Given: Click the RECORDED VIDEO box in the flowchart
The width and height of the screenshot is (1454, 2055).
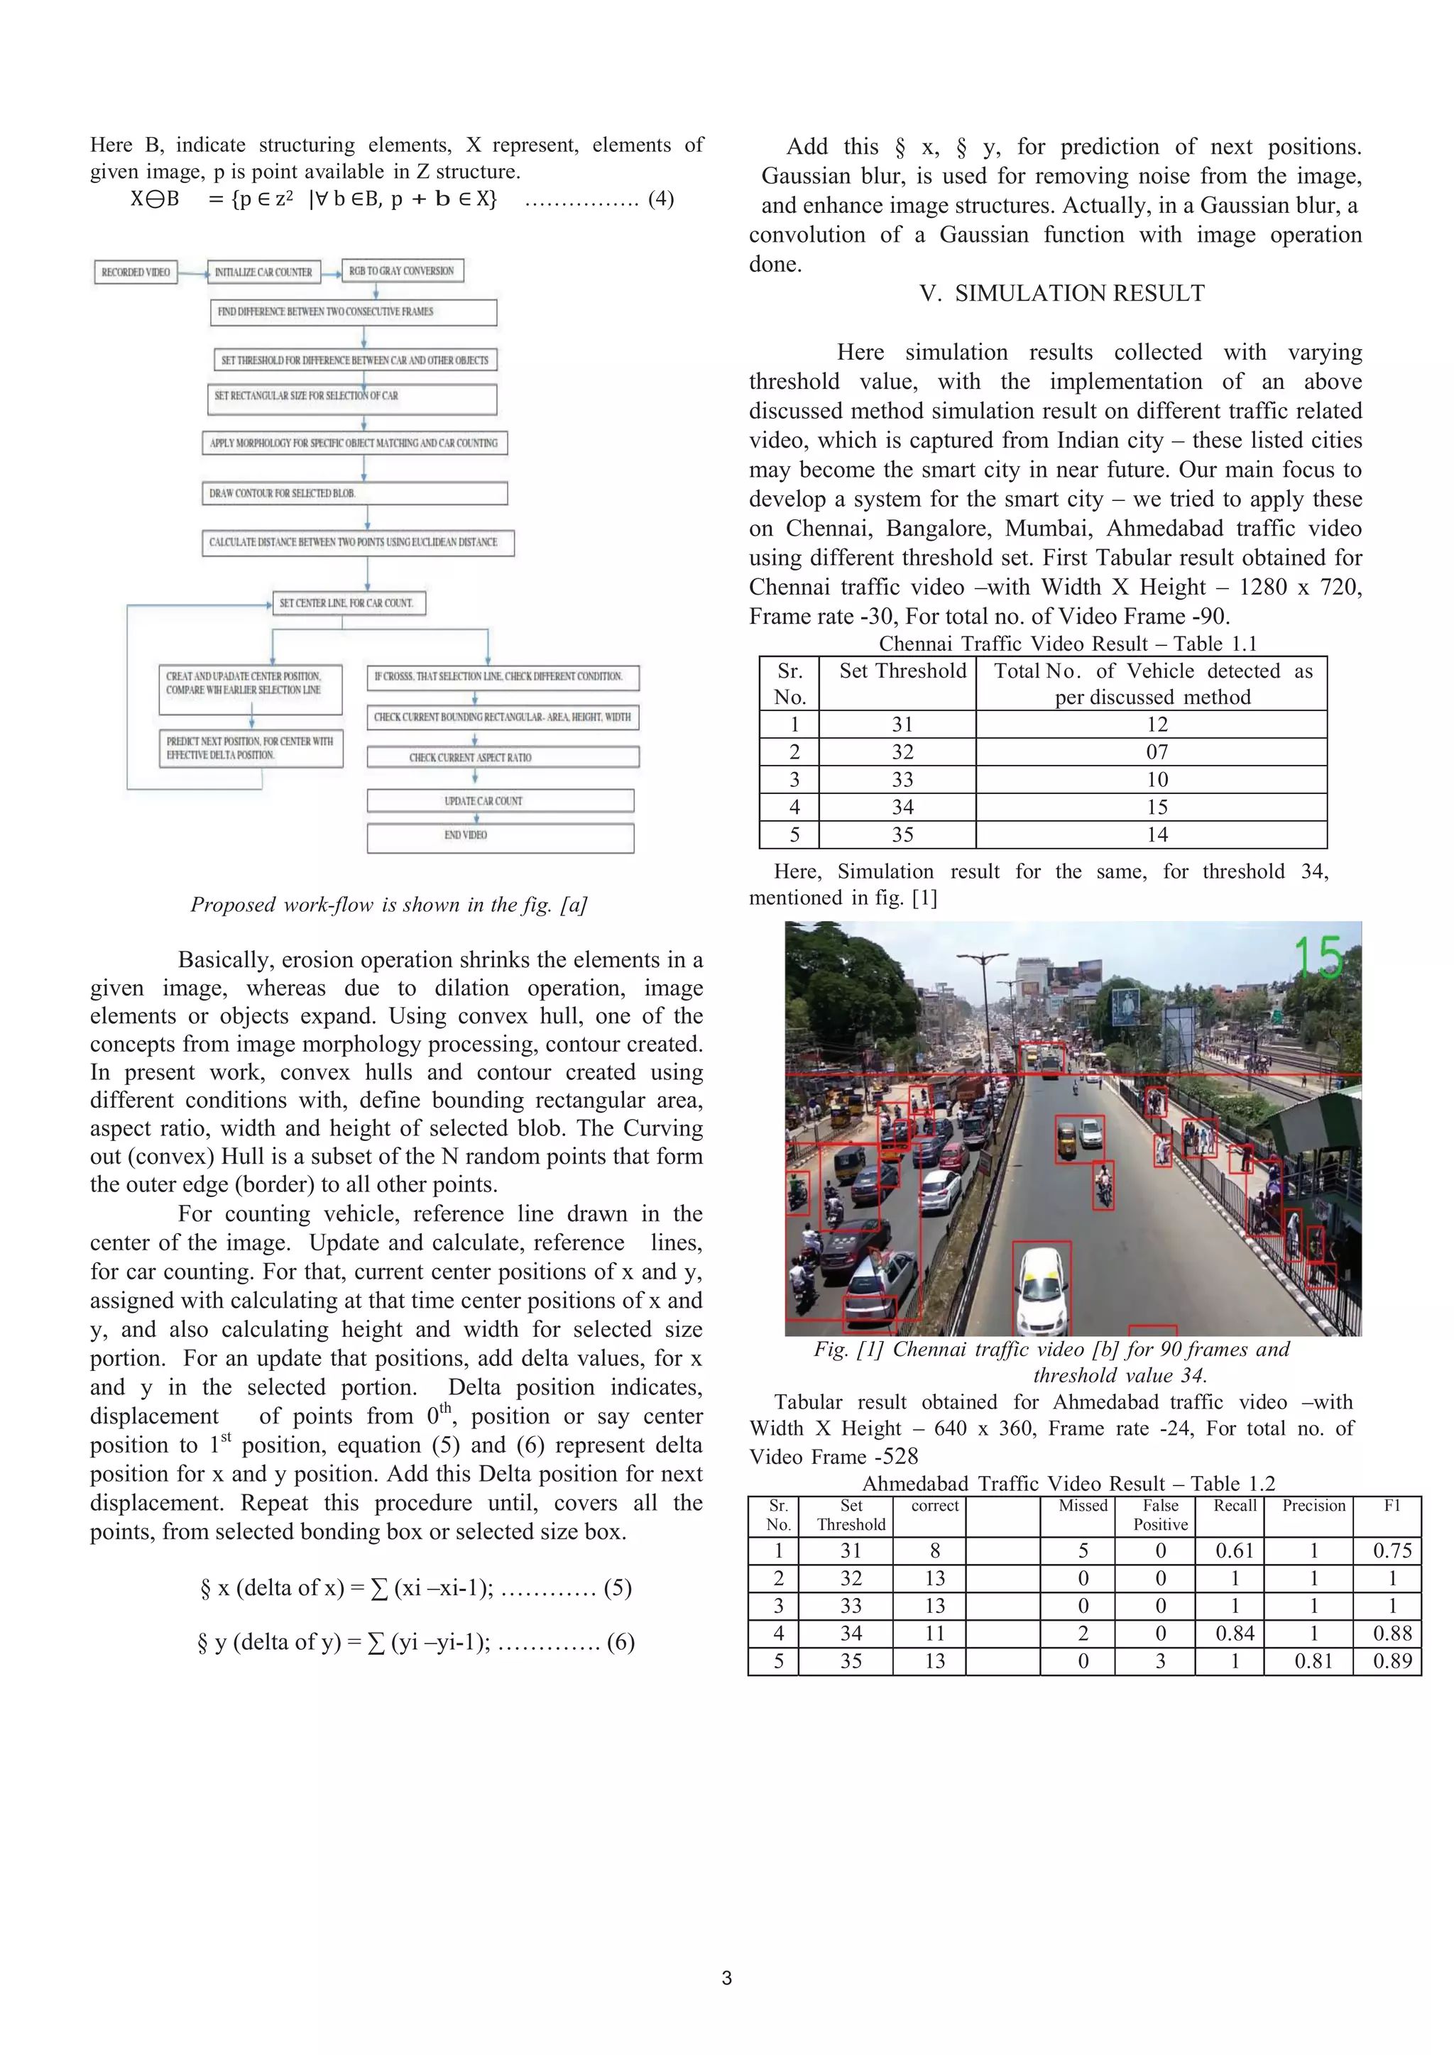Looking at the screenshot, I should (x=136, y=272).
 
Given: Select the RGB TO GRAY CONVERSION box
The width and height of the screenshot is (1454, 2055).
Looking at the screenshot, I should (x=402, y=270).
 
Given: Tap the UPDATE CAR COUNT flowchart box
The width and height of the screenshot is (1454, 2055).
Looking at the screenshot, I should (x=500, y=800).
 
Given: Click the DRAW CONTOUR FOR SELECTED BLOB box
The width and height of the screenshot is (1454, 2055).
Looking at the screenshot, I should (x=354, y=493).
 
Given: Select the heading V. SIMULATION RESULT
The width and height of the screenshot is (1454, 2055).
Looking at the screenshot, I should (x=1062, y=294).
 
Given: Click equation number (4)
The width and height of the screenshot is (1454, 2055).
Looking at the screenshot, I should (x=661, y=199).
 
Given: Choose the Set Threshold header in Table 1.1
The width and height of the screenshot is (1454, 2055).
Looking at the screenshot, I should (x=902, y=671).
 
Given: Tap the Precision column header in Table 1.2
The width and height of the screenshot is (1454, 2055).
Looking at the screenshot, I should (x=1313, y=1506).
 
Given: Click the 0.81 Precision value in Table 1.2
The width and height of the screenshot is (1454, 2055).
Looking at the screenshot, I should (x=1313, y=1661).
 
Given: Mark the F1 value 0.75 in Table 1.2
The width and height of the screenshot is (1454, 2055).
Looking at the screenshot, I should (x=1392, y=1550).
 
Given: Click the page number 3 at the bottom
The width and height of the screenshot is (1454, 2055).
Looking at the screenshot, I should (x=727, y=1978).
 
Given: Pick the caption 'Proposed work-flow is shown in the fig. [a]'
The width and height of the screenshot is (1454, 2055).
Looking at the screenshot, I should (x=388, y=905).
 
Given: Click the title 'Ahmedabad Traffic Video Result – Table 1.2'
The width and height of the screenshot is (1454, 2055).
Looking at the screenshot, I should (x=1068, y=1483).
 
